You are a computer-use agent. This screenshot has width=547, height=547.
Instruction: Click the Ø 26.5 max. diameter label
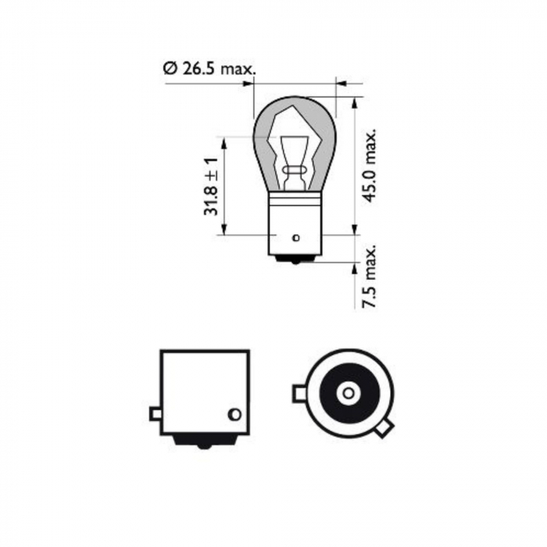[x=209, y=69]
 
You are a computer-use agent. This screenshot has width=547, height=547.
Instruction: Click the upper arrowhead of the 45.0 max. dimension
[x=356, y=102]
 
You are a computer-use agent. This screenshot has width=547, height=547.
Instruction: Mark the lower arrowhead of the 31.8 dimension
[x=224, y=229]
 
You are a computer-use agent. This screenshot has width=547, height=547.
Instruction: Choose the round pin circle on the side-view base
[x=231, y=413]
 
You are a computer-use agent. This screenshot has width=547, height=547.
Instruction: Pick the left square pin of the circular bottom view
[x=299, y=393]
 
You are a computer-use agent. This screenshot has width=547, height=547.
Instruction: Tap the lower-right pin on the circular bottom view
[x=384, y=428]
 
